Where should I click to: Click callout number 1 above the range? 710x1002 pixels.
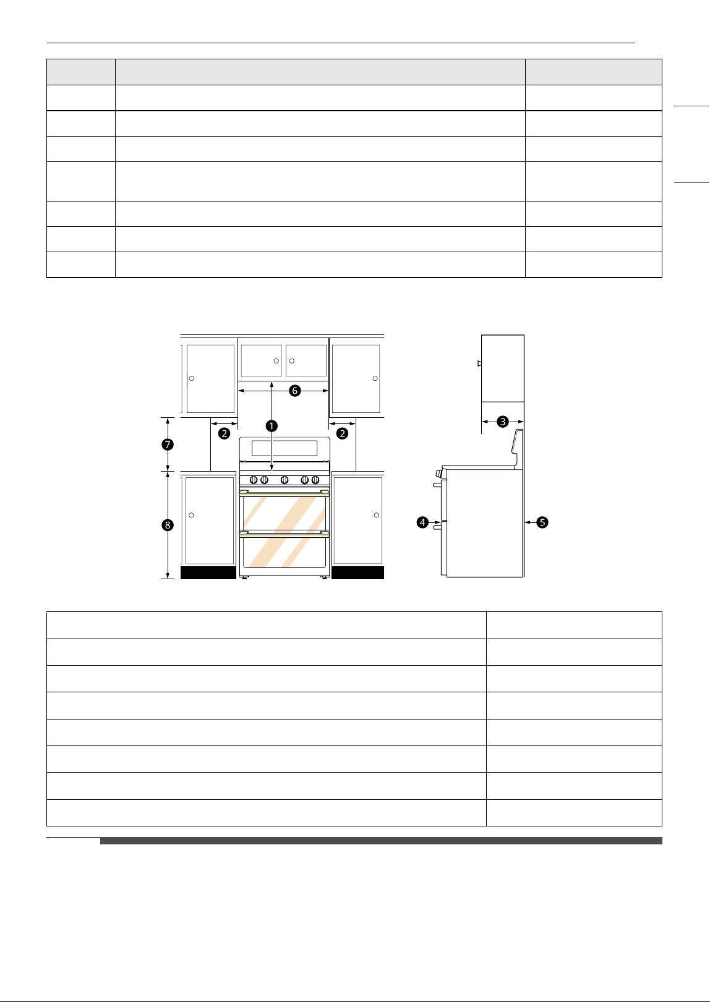point(272,426)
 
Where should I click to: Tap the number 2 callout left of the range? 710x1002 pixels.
point(225,433)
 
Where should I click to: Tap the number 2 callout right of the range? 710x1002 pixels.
point(343,433)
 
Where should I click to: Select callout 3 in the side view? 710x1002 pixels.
point(503,422)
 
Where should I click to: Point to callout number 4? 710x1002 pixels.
point(422,522)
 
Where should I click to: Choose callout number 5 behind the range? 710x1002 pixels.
point(542,522)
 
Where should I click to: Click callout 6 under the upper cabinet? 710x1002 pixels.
point(294,391)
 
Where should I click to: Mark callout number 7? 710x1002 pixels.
point(168,444)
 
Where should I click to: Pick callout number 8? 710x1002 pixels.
point(168,525)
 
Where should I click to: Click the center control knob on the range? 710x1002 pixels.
point(284,480)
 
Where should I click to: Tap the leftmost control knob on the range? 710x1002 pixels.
point(254,480)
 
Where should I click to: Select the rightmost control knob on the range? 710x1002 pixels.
point(315,480)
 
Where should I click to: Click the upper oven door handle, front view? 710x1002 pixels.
point(284,493)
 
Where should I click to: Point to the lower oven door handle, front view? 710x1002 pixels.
point(284,533)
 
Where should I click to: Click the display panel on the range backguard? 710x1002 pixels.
point(284,448)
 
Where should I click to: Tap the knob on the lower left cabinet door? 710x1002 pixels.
point(191,516)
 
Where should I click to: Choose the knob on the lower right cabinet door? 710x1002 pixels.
point(377,516)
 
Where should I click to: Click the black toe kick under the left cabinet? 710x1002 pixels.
point(208,572)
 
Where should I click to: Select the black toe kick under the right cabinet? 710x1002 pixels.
point(357,572)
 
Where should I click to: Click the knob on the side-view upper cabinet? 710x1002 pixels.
point(479,363)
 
